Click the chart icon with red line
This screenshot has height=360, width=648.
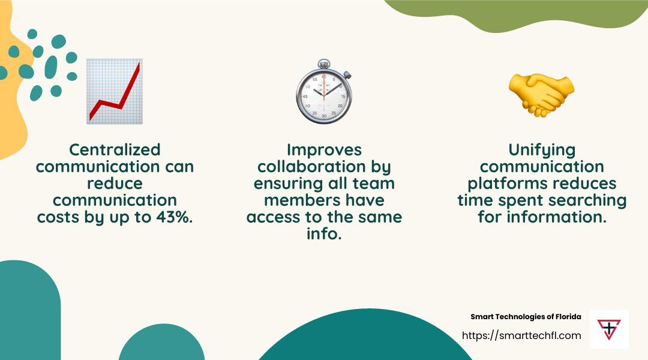point(114,91)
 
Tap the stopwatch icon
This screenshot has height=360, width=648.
point(324,92)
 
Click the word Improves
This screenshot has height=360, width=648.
point(324,149)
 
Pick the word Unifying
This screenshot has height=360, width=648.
point(542,149)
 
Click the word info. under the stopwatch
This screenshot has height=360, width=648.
point(324,233)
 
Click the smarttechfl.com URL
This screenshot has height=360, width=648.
point(521,335)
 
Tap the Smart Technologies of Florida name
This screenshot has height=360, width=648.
point(526,317)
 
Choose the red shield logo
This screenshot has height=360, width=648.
point(609,329)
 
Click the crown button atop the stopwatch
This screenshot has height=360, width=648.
point(324,62)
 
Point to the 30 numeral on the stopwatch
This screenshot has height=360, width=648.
point(324,116)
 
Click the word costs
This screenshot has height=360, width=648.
point(60,217)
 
